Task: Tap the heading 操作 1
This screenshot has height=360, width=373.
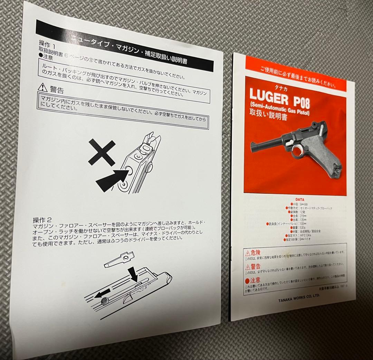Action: tap(47, 44)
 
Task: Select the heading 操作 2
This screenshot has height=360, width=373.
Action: tap(42, 220)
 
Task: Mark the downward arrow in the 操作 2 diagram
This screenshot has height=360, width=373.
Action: tap(134, 274)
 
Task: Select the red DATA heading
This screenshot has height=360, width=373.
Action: tap(300, 199)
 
